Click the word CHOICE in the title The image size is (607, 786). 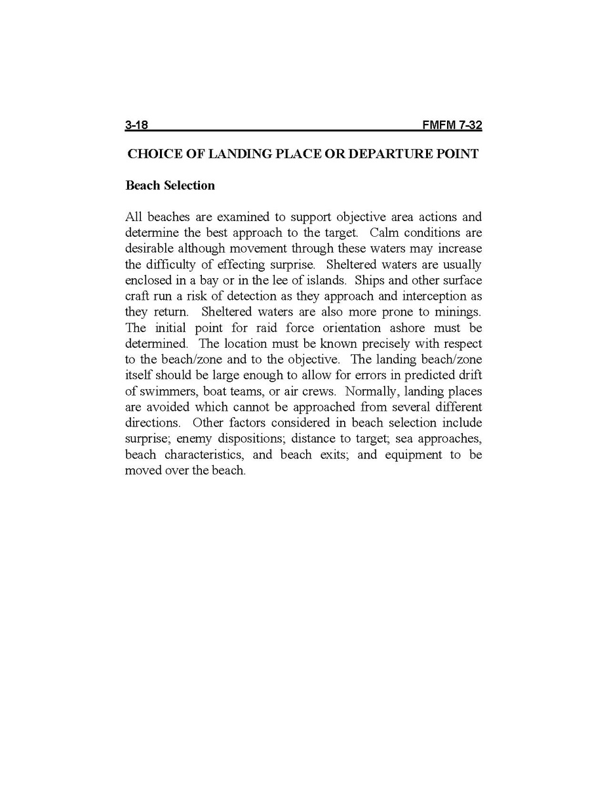click(x=150, y=154)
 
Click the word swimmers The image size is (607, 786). click(x=165, y=390)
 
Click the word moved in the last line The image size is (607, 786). click(x=142, y=470)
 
